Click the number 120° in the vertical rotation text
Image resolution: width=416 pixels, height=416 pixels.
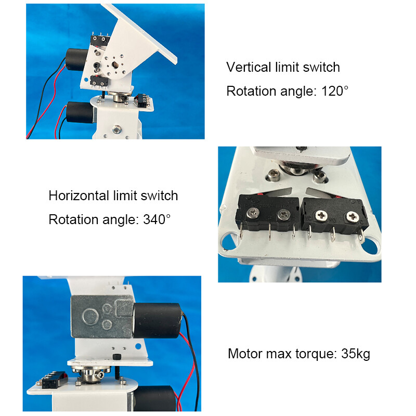tap(335, 92)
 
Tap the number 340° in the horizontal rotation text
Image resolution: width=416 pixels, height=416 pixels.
tap(157, 219)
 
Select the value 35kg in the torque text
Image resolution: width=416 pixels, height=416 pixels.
tap(356, 354)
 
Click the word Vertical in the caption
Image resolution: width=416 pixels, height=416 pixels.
tap(249, 67)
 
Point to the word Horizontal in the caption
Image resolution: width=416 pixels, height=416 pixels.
tap(79, 196)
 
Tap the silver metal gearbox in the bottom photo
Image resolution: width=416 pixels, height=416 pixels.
tap(101, 317)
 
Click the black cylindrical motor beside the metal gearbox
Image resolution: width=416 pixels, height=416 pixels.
tap(158, 320)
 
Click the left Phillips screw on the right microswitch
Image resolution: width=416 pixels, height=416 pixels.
tap(321, 215)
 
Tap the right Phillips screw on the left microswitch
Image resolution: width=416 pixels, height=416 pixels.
tap(283, 214)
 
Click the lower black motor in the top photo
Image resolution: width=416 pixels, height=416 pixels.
tap(80, 112)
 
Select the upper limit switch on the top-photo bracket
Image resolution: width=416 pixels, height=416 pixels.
tap(100, 41)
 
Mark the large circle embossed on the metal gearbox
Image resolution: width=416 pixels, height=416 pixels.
tap(90, 317)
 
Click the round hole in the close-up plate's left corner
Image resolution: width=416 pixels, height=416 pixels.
tap(229, 241)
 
